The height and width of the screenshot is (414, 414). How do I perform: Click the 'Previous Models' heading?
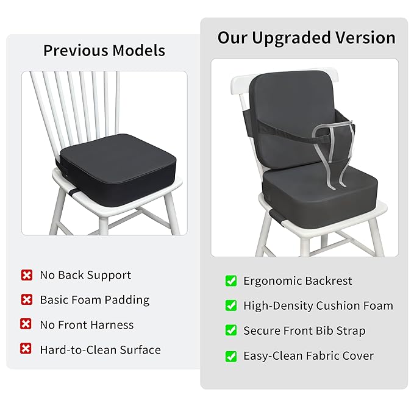coord(104,50)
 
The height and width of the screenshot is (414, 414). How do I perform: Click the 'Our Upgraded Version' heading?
coord(306,38)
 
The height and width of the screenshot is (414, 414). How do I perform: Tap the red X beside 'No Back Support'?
coord(26,275)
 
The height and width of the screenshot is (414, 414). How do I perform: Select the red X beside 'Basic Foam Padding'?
coord(26,299)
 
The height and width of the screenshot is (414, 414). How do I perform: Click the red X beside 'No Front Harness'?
coord(26,324)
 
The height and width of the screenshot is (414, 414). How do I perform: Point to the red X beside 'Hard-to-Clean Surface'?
coord(26,349)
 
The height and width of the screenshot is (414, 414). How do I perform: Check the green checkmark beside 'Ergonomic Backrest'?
coord(231,280)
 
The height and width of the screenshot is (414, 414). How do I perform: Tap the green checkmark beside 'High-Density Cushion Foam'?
coord(231,305)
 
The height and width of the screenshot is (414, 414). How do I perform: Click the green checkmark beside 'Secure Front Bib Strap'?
coord(231,330)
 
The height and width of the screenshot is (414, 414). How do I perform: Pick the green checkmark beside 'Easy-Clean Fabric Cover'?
coord(231,355)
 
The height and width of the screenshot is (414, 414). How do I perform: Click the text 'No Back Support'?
coord(85,275)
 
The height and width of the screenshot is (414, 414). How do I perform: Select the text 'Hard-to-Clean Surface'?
coord(100,350)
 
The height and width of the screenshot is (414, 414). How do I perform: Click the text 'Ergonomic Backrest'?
coord(298,281)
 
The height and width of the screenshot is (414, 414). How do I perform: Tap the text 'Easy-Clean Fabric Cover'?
coord(309,356)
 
